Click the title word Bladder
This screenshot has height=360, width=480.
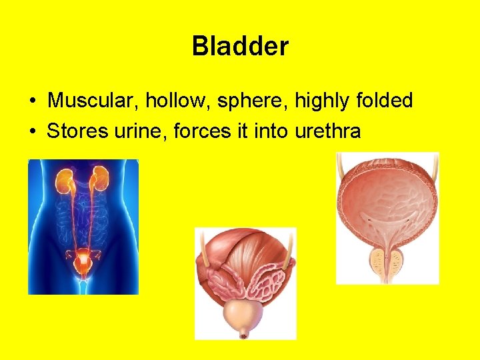tap(240, 47)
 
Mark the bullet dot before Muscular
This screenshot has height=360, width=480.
tap(33, 101)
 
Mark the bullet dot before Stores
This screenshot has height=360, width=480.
tap(33, 131)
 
